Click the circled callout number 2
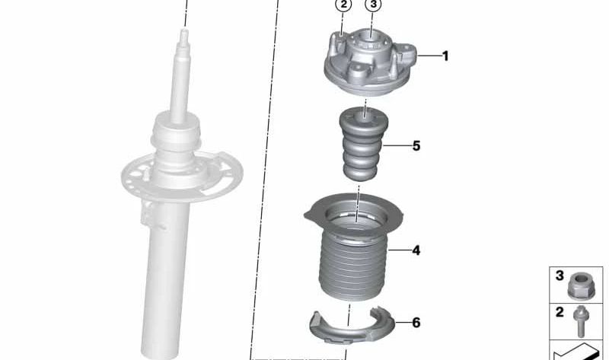coord(344,6)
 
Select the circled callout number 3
coord(372,6)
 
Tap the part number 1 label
coord(445,56)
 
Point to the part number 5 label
coord(416,145)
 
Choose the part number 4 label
coord(416,249)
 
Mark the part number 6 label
coord(416,323)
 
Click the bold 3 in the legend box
coord(559,276)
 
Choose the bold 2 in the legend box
coord(559,311)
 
